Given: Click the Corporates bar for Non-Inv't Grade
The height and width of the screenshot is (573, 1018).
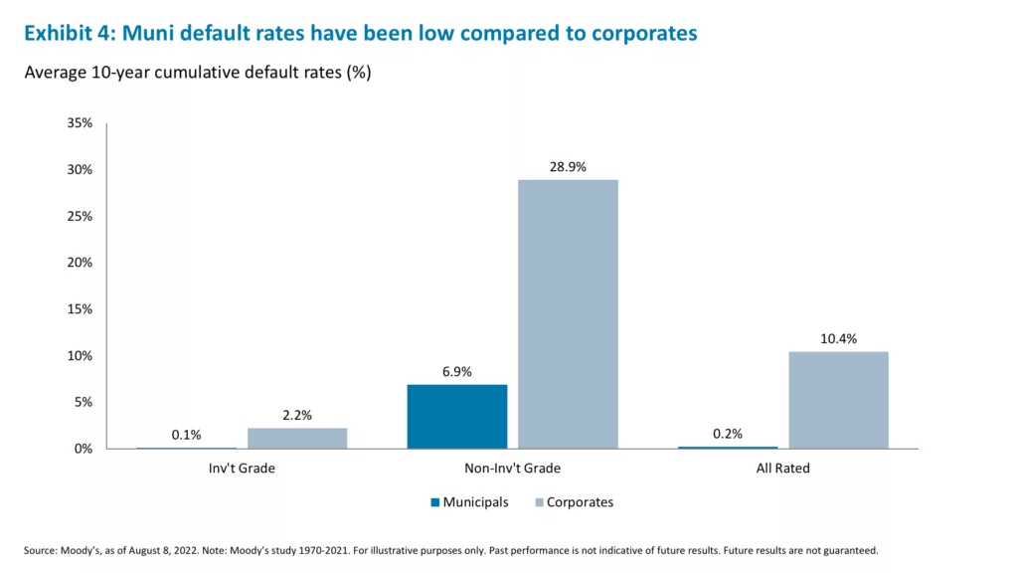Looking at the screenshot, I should tap(568, 313).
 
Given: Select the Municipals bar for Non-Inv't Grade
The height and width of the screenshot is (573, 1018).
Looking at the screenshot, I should tap(456, 416).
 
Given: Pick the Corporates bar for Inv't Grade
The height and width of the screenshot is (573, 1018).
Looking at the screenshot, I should tap(297, 438).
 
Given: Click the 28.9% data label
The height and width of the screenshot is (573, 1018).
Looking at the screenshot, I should tap(568, 167).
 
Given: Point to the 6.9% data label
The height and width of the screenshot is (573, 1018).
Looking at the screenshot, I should tap(456, 372).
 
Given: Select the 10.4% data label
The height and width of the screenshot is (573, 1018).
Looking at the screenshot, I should tap(838, 339).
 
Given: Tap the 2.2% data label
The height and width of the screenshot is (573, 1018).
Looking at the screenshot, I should tap(296, 415).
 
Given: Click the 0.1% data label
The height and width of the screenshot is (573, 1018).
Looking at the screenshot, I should tap(186, 435).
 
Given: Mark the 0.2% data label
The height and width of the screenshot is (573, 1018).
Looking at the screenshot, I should tap(727, 434).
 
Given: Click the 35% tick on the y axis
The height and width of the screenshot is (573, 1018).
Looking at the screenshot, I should tap(80, 123).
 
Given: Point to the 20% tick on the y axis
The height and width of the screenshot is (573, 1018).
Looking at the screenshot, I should tap(80, 263).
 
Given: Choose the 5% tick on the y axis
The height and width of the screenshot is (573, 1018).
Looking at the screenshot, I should tap(83, 402).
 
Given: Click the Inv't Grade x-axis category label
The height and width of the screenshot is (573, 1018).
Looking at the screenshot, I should tap(242, 468).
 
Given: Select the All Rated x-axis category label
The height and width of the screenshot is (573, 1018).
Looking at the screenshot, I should tap(782, 468).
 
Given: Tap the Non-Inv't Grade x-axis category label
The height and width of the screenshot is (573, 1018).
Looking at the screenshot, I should tap(512, 468).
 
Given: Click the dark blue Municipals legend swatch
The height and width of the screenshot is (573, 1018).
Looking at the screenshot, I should tap(434, 502).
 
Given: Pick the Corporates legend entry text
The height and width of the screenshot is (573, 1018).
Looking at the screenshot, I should tap(580, 502).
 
